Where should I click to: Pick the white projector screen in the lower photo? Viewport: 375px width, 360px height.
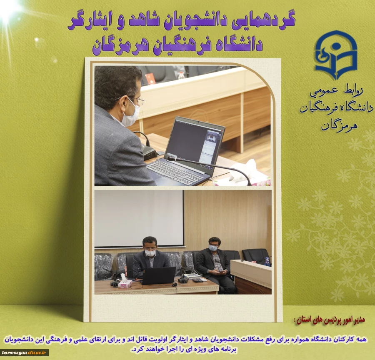[139, 218]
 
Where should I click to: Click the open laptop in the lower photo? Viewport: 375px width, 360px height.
[159, 275]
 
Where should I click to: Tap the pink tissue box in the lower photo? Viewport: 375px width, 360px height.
[125, 283]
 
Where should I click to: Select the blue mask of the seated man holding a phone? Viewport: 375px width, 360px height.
[213, 247]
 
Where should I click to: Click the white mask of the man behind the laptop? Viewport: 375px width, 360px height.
[150, 252]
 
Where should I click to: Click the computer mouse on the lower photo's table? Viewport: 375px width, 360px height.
[175, 284]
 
